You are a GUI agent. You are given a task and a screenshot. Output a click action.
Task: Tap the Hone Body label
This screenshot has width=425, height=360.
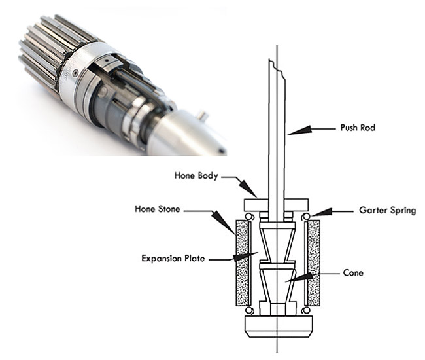click(x=195, y=176)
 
